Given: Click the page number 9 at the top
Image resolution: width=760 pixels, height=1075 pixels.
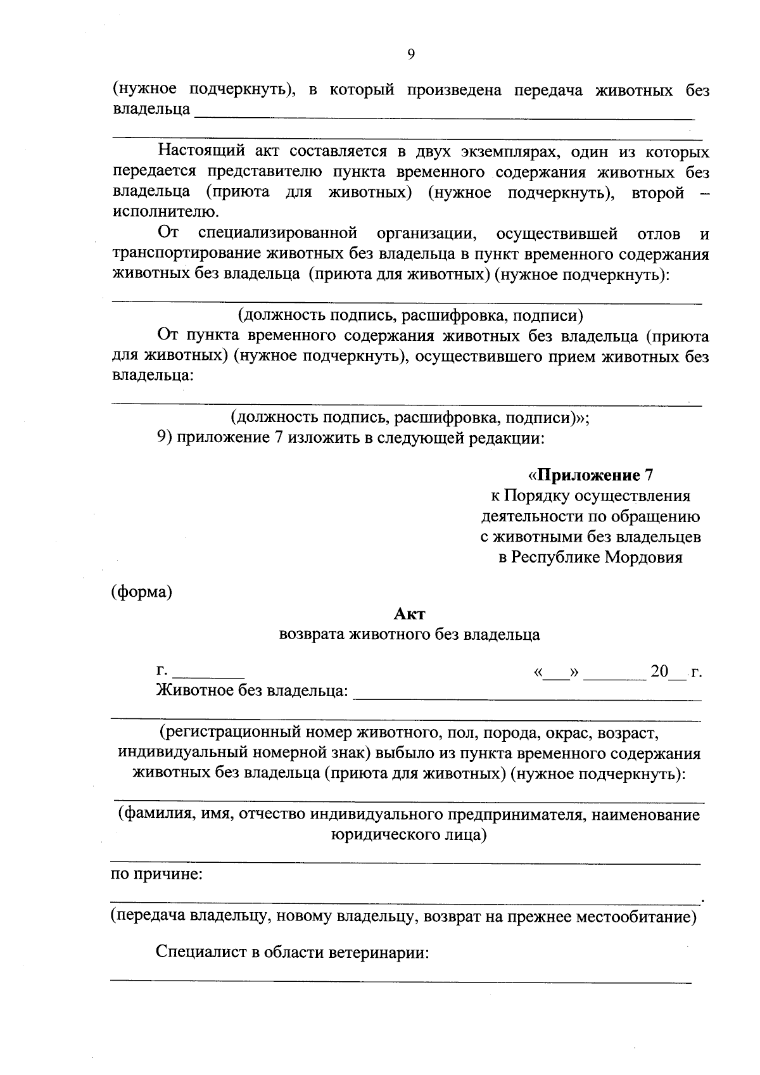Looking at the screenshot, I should [x=410, y=55].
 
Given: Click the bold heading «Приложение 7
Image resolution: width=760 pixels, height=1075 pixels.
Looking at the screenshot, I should [x=590, y=475].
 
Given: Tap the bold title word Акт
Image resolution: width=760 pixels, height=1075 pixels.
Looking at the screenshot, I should [x=410, y=613].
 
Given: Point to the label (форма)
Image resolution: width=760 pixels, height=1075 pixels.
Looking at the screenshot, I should [x=142, y=592].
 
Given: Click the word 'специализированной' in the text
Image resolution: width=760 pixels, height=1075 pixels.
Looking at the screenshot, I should [x=278, y=234].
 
